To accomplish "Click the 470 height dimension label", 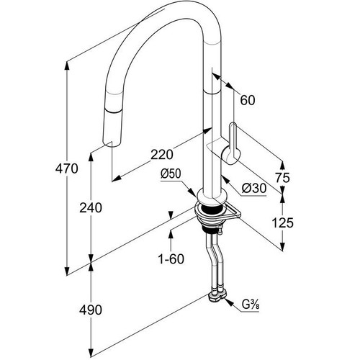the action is (66, 168).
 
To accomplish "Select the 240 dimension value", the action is (91, 207).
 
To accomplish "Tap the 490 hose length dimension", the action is (91, 310).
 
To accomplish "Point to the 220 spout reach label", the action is (162, 154).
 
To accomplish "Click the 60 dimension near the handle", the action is (248, 100).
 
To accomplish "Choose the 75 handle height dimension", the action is (282, 178).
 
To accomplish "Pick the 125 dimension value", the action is (282, 222).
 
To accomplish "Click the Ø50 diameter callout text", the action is (171, 174).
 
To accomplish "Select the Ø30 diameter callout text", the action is (254, 189).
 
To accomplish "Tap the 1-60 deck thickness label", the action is (171, 258).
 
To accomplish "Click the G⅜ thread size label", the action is (251, 305).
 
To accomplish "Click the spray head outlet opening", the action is (112, 143).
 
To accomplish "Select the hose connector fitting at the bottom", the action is (217, 297).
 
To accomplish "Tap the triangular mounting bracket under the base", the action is (232, 212).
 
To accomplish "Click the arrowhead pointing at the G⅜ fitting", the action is (229, 302).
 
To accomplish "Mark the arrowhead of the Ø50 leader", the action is (192, 192).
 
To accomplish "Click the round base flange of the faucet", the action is (212, 196).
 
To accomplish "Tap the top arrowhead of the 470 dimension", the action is (67, 66).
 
